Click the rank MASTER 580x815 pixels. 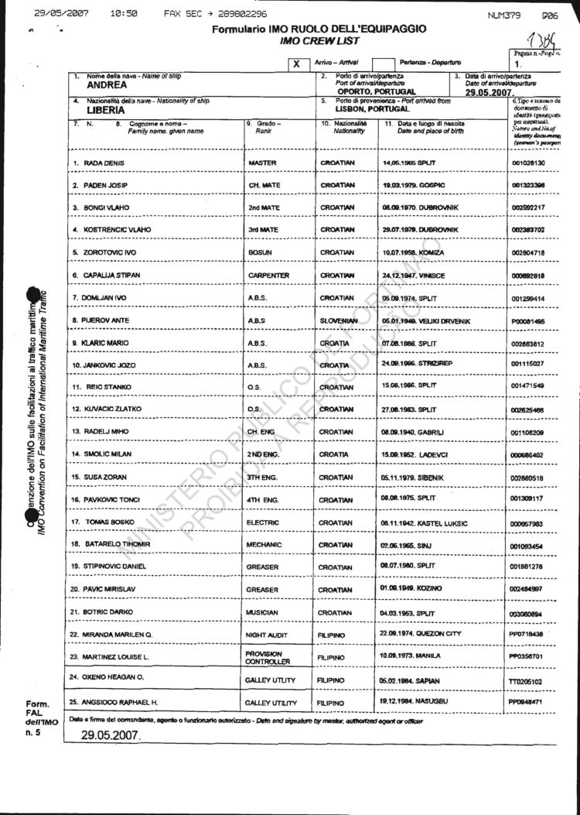pyautogui.click(x=263, y=163)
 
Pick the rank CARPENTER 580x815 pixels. pyautogui.click(x=268, y=275)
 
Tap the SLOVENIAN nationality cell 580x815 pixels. pyautogui.click(x=338, y=320)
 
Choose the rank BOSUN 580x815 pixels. pyautogui.click(x=260, y=252)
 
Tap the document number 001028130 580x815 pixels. pyautogui.click(x=528, y=163)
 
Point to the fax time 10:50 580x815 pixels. pyautogui.click(x=125, y=14)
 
